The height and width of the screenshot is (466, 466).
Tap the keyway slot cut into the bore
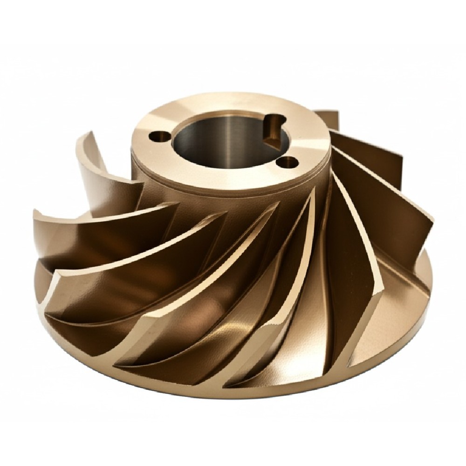click(x=273, y=128)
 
